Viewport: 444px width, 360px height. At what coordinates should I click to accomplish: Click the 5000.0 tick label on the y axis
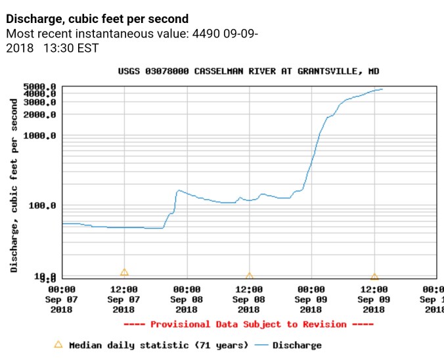point(39,86)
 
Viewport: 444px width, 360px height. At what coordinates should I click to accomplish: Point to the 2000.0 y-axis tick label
point(39,114)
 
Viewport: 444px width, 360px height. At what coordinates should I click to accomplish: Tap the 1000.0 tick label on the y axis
point(39,135)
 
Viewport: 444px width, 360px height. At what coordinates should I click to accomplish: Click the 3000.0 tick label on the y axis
point(39,102)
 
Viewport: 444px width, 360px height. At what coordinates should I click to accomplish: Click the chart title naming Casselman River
point(248,71)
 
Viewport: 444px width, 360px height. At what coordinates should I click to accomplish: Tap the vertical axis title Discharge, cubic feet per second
point(14,185)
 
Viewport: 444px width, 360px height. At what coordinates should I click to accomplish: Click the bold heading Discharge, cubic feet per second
point(97,19)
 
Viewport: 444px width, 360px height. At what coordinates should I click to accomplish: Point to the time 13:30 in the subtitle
point(58,48)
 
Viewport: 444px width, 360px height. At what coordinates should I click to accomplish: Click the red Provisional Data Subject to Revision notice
point(248,324)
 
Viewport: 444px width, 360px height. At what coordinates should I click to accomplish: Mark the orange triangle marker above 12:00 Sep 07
point(124,272)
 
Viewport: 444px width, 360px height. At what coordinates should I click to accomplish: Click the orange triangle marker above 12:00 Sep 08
point(249,277)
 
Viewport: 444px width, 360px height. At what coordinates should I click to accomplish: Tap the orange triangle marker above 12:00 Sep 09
point(374,277)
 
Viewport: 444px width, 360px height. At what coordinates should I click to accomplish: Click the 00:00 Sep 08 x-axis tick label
point(187,299)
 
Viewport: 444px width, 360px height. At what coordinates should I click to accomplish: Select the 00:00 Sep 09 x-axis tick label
point(311,299)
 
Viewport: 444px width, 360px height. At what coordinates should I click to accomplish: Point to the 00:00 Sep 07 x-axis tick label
point(62,299)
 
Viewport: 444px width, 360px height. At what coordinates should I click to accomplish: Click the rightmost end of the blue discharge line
point(382,89)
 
